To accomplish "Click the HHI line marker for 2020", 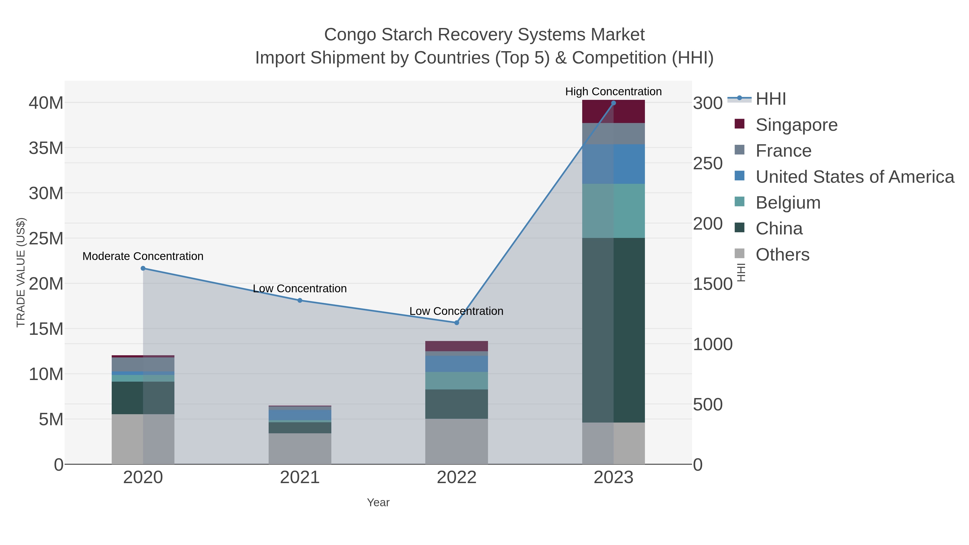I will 143,268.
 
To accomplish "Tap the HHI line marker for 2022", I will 457,323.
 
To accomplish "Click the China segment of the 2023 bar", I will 613,330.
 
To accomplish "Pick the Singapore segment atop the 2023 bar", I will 613,111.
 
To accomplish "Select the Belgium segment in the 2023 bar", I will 613,211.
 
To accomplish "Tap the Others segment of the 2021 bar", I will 300,448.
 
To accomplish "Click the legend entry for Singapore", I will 796,125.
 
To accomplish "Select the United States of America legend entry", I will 855,177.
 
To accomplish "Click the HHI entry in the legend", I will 770,99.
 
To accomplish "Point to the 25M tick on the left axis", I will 46,238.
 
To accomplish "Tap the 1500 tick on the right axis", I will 712,284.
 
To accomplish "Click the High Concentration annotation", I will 613,92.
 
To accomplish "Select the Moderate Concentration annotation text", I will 143,256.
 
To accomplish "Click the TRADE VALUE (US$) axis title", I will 21,272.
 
